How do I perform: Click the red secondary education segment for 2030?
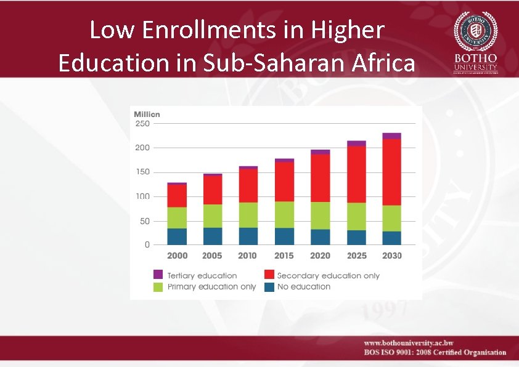(391, 172)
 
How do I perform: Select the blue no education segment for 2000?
(177, 236)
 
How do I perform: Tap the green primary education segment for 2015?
(284, 214)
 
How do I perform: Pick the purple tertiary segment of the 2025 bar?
(356, 143)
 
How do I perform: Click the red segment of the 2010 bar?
(248, 185)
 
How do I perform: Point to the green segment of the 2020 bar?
(321, 216)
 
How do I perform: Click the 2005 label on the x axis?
(213, 256)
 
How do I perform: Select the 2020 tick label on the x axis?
(320, 256)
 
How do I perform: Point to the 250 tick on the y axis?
(142, 123)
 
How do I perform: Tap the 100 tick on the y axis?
(142, 196)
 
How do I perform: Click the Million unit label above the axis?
(147, 114)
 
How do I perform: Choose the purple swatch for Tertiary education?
(158, 275)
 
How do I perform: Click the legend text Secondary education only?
(329, 276)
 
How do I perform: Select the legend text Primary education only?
(211, 287)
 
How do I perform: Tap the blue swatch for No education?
(269, 287)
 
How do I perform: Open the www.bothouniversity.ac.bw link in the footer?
(408, 343)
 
